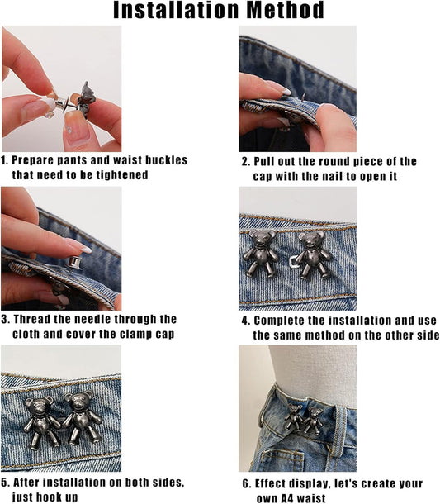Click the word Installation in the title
pos(176,10)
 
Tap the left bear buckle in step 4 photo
pos(261,253)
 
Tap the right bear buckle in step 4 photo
pos(313,254)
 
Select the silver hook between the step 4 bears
pos(294,261)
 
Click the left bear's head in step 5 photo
pos(39,407)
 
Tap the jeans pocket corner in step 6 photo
pos(302,454)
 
